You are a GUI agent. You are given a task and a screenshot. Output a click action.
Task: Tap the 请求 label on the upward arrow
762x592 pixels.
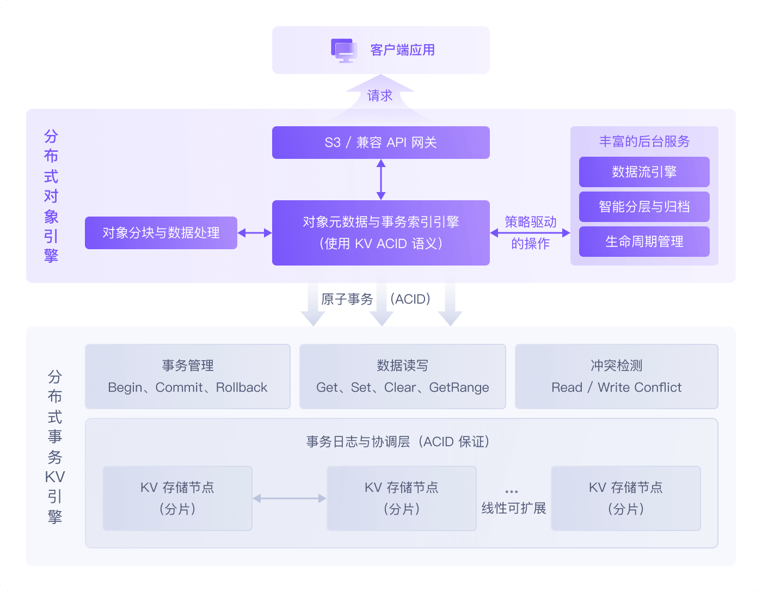(379, 96)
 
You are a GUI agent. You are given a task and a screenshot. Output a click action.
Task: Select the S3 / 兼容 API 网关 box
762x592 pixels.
(380, 143)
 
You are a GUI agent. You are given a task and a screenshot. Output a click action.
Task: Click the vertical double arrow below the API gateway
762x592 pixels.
(381, 180)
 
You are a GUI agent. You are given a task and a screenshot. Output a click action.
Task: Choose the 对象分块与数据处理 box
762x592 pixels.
(161, 233)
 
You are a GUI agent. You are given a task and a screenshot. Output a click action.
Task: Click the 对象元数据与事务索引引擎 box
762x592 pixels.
(380, 233)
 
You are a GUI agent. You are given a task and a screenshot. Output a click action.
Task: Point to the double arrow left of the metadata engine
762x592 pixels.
(255, 233)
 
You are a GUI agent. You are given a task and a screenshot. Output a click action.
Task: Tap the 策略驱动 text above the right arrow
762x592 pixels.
(530, 222)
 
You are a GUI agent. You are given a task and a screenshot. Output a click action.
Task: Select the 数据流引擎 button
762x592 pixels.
(644, 172)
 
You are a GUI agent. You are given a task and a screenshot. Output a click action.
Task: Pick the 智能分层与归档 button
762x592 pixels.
(644, 207)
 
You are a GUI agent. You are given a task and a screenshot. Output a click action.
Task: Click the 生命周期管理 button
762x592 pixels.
(644, 242)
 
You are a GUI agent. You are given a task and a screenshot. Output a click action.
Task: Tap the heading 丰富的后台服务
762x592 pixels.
(644, 141)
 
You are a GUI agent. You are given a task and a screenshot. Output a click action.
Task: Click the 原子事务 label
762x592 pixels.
(347, 299)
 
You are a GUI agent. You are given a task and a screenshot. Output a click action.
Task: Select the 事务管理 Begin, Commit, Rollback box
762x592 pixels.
(188, 377)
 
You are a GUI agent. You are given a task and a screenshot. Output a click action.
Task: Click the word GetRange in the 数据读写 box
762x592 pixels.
(459, 387)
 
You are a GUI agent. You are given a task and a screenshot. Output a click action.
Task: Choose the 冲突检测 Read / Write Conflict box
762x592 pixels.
(616, 377)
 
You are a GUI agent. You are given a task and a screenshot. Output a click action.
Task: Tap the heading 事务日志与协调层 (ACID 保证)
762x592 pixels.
(398, 442)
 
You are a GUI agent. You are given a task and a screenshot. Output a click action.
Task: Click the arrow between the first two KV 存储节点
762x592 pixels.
(290, 498)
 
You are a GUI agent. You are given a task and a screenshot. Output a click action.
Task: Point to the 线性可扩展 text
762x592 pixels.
(513, 508)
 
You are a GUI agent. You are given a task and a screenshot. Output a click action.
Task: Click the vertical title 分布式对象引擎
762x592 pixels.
(51, 196)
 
